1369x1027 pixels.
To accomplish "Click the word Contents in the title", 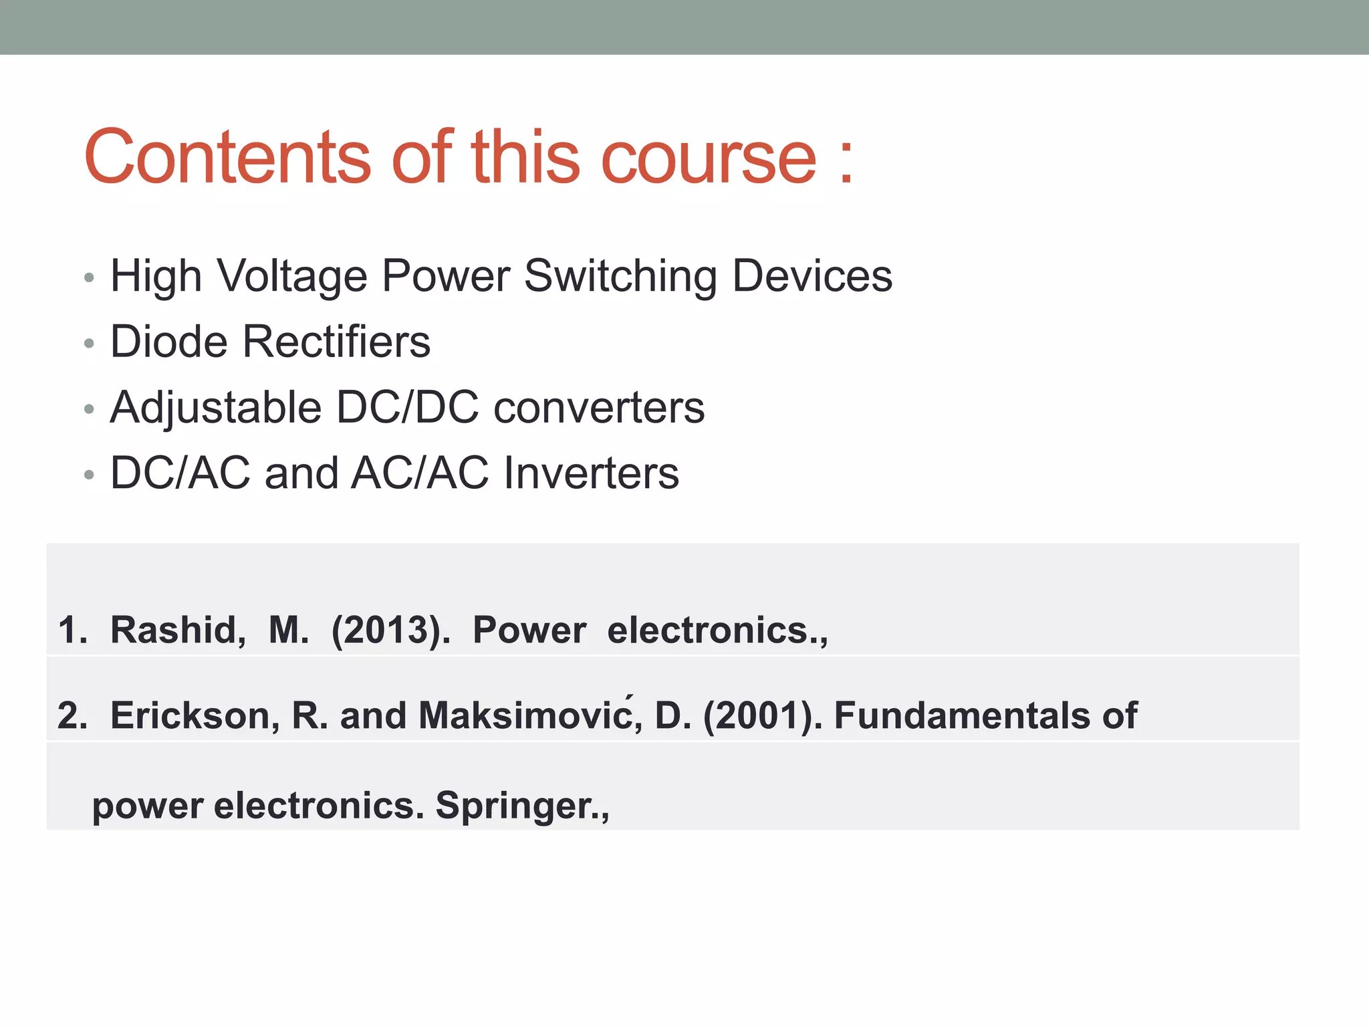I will click(x=227, y=157).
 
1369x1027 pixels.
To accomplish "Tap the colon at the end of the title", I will click(x=846, y=164).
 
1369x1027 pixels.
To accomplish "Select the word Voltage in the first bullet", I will click(x=292, y=276).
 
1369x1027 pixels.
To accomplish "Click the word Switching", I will click(x=620, y=276).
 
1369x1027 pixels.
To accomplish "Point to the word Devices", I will click(x=812, y=276).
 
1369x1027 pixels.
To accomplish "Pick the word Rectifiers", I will click(x=336, y=342).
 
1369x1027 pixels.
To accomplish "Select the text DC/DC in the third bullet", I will click(x=407, y=407).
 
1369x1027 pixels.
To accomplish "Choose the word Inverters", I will click(x=591, y=473).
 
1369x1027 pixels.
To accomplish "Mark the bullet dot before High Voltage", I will click(x=90, y=278).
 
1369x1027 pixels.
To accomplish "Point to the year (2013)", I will click(x=390, y=630).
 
